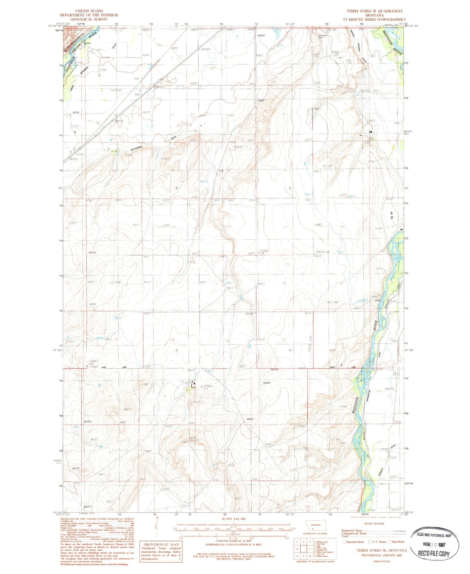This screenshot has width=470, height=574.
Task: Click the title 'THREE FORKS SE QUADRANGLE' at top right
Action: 374,11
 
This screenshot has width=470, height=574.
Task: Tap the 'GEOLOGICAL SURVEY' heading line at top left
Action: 89,19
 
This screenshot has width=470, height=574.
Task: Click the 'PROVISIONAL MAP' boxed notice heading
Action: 161,544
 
